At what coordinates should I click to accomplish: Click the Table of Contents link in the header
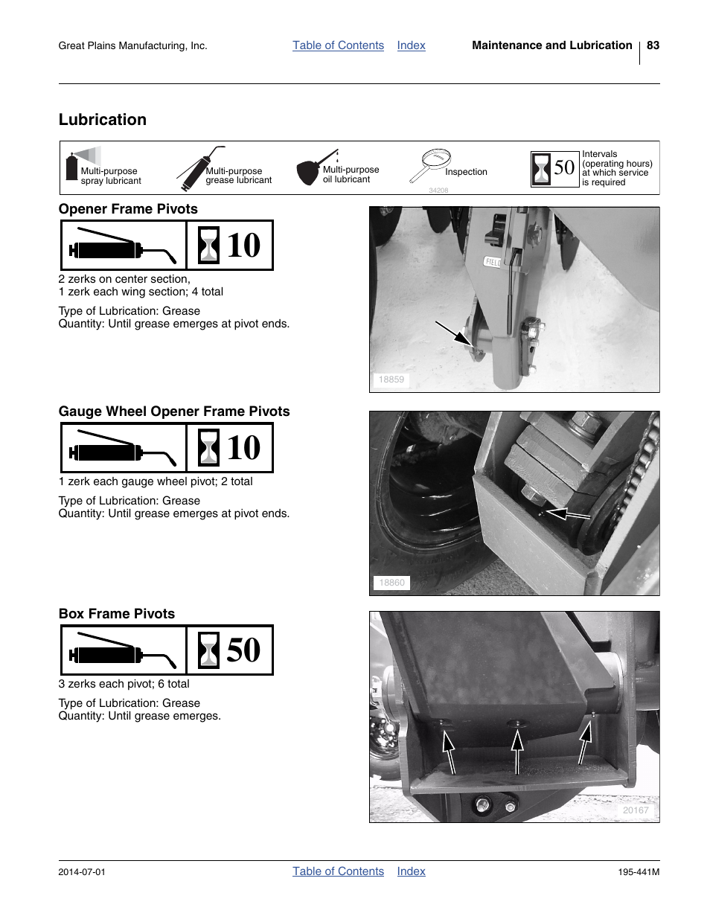coord(338,45)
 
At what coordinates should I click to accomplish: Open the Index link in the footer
coord(411,871)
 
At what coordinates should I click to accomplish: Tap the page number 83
coord(653,45)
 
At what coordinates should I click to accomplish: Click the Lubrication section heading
coord(103,120)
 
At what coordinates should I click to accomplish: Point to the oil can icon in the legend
coord(311,170)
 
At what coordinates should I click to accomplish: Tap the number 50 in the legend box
coord(564,168)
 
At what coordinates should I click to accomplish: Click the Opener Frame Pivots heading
coord(128,209)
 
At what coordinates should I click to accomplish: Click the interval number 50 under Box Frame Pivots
coord(243,650)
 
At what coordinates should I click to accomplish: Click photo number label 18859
coord(391,380)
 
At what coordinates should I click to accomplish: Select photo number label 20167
coord(636,810)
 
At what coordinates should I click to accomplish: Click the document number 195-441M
coord(639,872)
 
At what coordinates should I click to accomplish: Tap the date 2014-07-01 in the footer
coord(82,872)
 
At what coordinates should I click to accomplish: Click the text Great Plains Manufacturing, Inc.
coord(132,46)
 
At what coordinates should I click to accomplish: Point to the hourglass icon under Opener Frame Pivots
coord(209,246)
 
